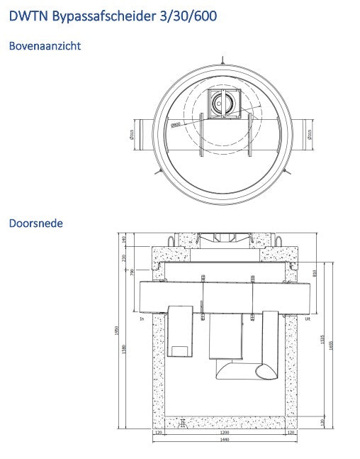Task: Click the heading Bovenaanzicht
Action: (x=44, y=46)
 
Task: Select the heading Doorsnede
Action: (x=35, y=223)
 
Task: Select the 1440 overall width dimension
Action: (x=224, y=440)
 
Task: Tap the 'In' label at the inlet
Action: (x=143, y=319)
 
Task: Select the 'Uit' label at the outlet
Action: (x=308, y=319)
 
